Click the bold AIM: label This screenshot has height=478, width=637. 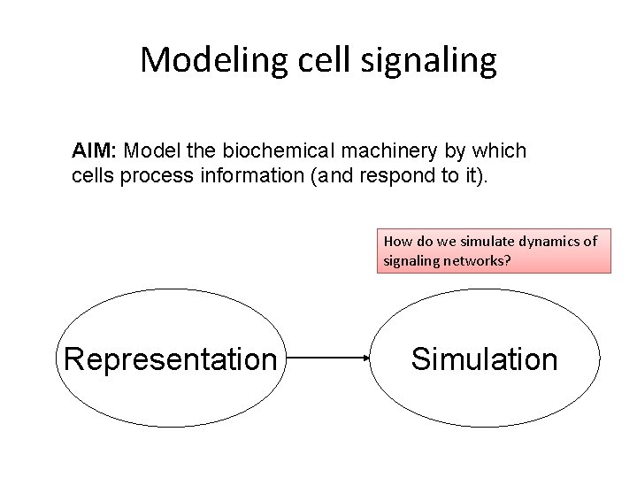point(92,151)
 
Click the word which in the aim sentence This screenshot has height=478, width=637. point(503,151)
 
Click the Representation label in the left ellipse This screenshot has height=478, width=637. point(170,358)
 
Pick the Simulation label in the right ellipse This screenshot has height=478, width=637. point(485,358)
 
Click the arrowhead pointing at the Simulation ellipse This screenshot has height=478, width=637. point(364,358)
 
